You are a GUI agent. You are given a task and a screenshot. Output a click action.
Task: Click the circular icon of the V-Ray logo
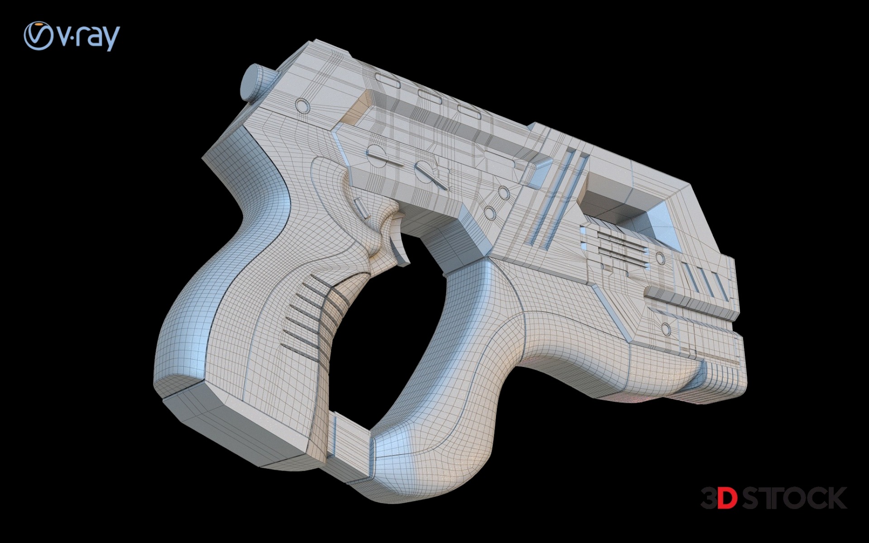(38, 36)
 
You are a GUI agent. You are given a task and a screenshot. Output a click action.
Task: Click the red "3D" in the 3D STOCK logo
(719, 498)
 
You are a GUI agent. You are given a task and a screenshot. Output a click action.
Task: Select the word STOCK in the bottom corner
(794, 498)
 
